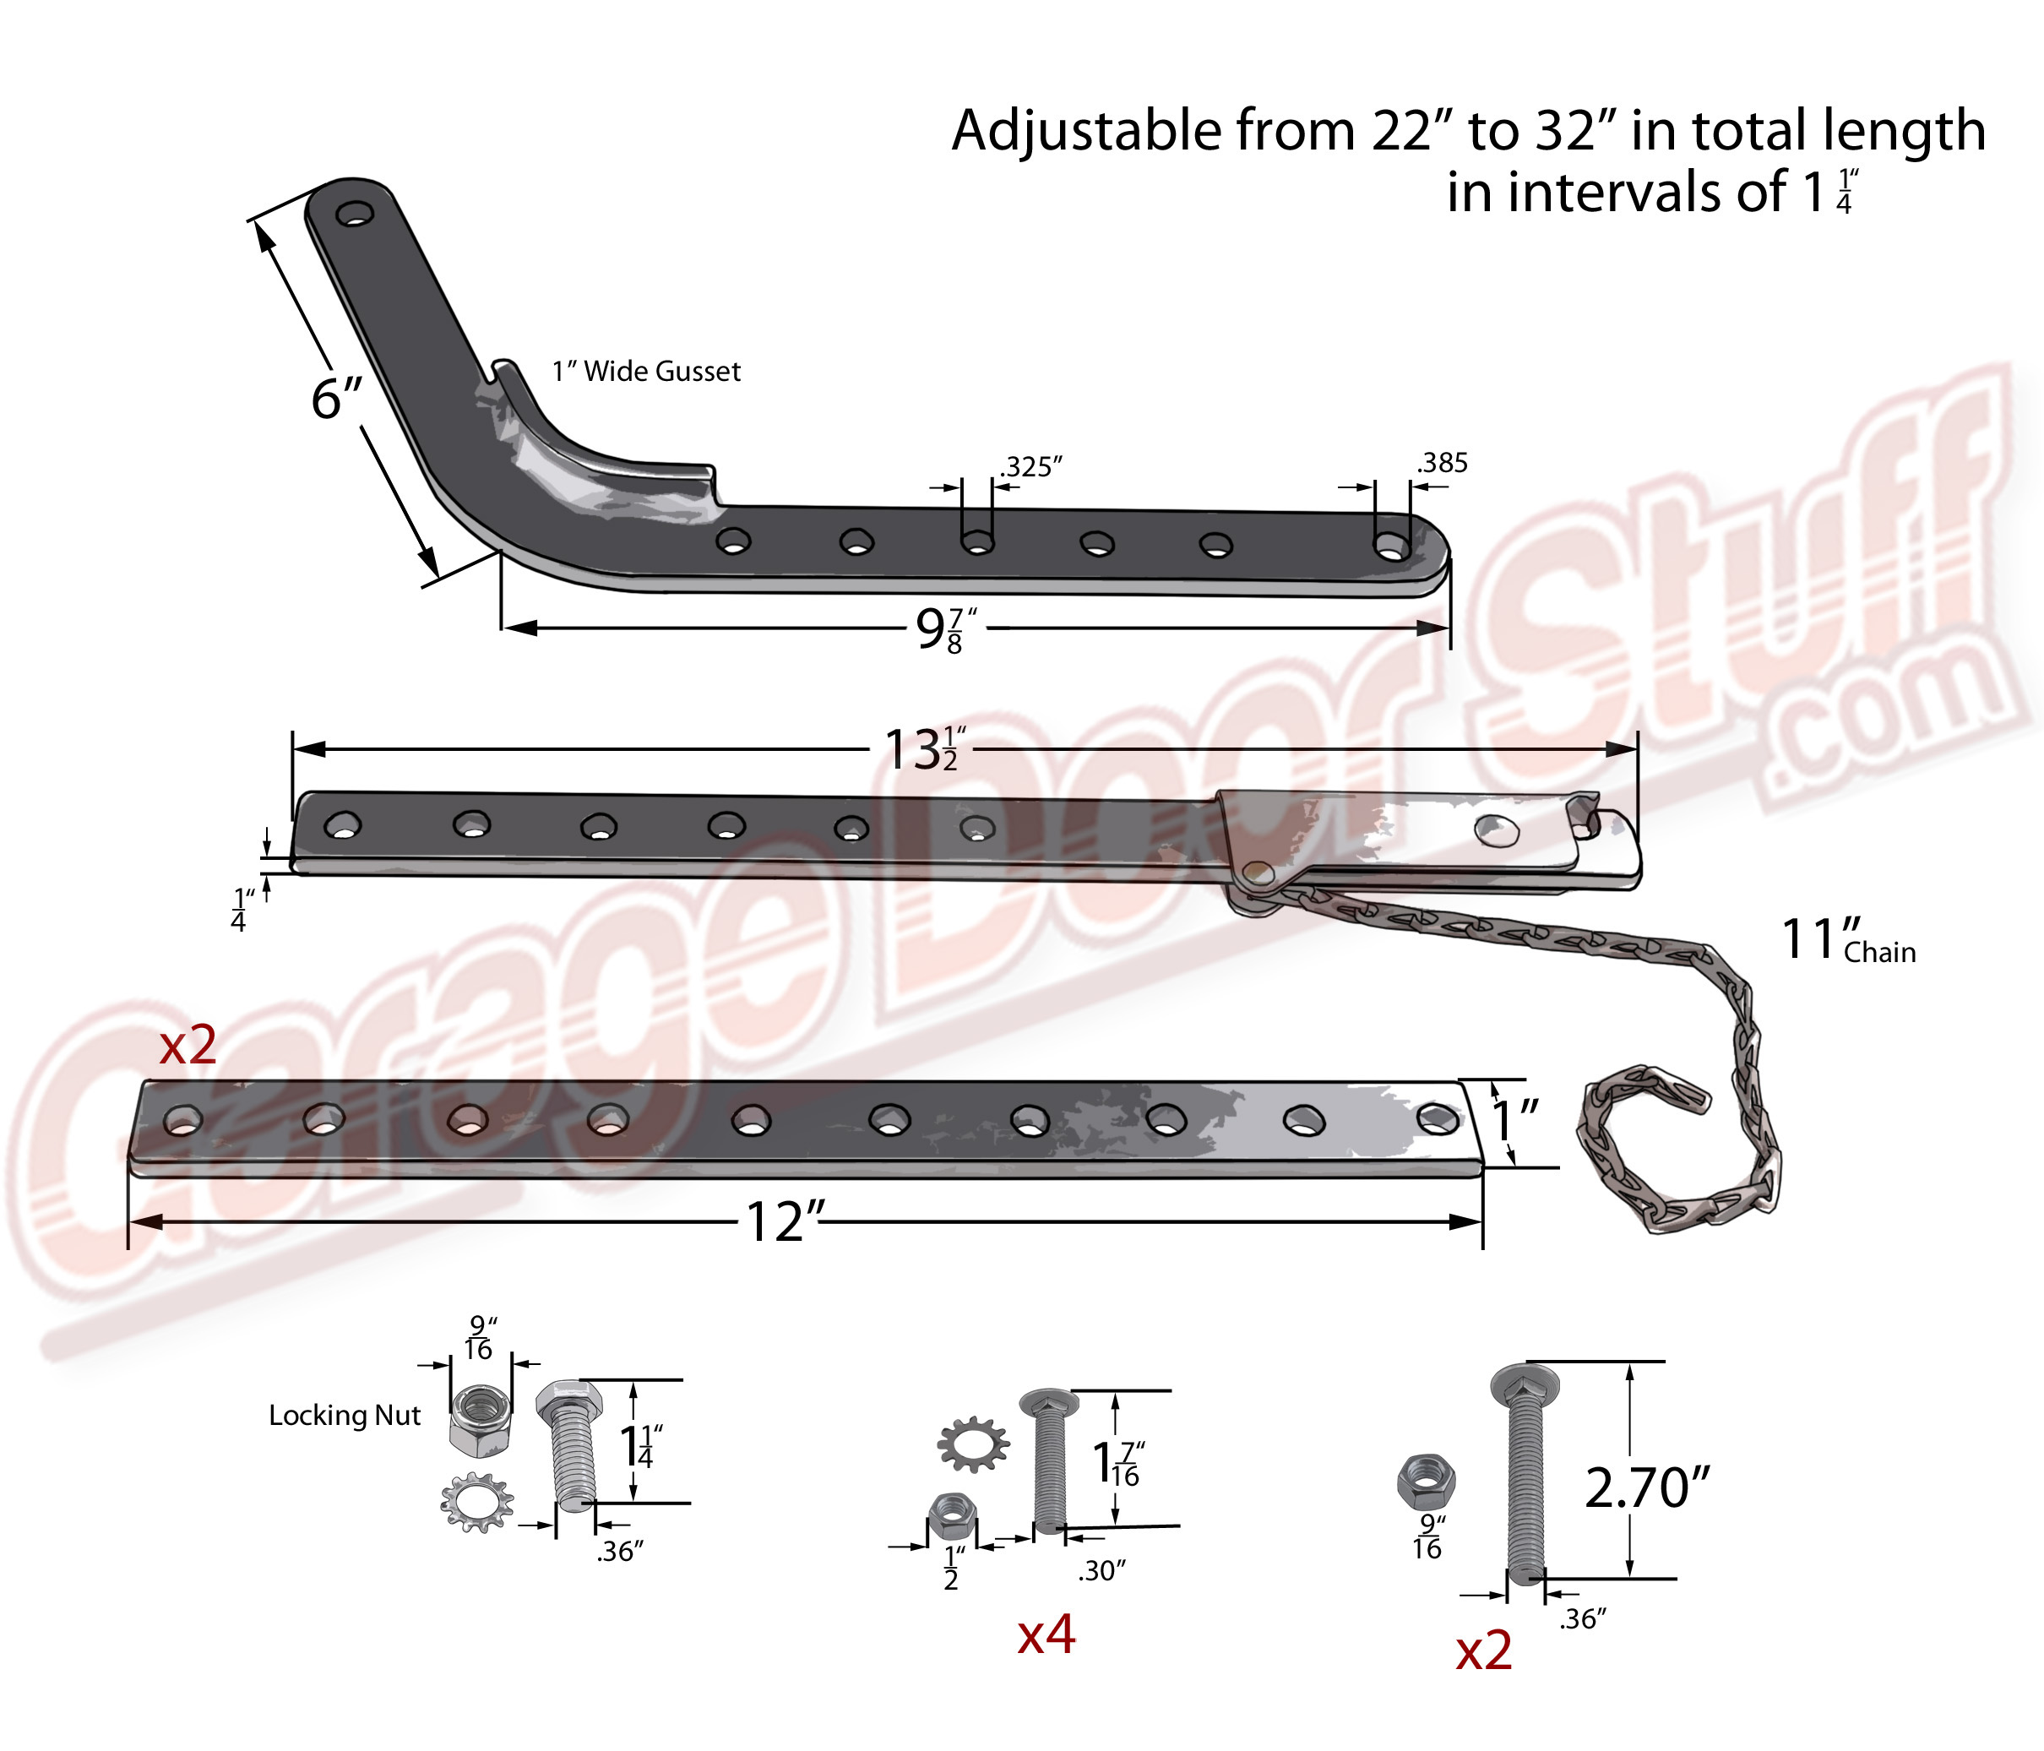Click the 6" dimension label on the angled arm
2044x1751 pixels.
click(x=337, y=398)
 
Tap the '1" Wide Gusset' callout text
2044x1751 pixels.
click(x=646, y=371)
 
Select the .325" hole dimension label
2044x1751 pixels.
click(x=1032, y=466)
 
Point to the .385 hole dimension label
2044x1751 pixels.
click(x=1443, y=463)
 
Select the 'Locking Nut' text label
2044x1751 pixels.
click(x=345, y=1416)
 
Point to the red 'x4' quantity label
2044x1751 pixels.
click(x=1046, y=1634)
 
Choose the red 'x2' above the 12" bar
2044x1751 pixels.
click(x=188, y=1045)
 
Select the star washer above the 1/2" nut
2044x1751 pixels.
click(x=973, y=1445)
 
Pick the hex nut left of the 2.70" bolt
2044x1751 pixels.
click(x=1427, y=1482)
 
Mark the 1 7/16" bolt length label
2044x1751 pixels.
click(x=1118, y=1464)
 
